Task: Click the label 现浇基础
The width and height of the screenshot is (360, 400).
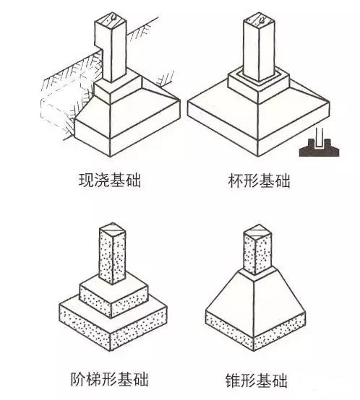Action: pos(110,181)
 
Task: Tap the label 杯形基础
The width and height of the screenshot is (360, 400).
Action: pos(259,181)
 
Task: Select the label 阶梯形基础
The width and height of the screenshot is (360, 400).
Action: pos(109,379)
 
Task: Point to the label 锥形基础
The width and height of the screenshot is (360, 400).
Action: pos(257,380)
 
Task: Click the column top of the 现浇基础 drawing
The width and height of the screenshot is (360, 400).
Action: pos(111,19)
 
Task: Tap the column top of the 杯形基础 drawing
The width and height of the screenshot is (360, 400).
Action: pos(259,19)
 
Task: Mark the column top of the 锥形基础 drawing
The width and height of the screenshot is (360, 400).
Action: pos(257,232)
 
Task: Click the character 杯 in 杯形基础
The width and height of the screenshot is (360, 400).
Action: pos(236,181)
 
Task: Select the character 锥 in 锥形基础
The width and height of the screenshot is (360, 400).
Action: pos(233,380)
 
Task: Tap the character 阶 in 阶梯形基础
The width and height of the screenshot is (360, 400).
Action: pos(78,379)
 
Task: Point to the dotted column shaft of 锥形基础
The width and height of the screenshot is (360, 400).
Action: pos(257,255)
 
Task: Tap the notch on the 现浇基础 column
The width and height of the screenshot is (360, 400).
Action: pos(99,45)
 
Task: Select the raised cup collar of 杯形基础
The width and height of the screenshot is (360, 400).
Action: pos(258,82)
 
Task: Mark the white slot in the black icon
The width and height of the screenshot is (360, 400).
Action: pos(319,139)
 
